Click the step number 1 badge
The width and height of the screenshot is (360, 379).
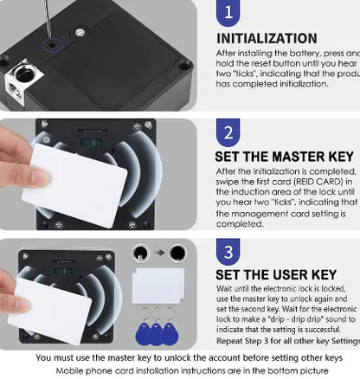pyautogui.click(x=227, y=12)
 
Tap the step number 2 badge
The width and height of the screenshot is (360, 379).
pyautogui.click(x=227, y=134)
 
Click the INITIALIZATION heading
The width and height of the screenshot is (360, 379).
pyautogui.click(x=266, y=39)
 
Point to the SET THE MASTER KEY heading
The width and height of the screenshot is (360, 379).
pyautogui.click(x=284, y=157)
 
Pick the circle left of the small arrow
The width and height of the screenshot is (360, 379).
pyautogui.click(x=138, y=254)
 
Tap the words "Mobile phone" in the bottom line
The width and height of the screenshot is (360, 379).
pyautogui.click(x=83, y=369)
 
